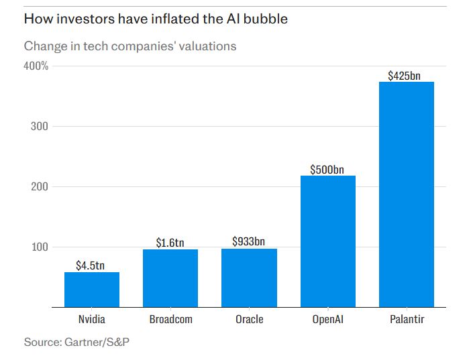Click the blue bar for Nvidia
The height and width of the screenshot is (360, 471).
click(92, 290)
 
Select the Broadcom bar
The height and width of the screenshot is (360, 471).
click(170, 278)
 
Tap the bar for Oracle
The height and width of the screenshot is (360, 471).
click(249, 278)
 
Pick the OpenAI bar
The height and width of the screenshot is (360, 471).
click(328, 241)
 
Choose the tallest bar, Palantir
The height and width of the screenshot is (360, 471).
click(407, 194)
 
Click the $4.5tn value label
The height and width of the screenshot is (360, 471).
click(92, 265)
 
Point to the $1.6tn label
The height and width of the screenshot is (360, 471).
click(170, 243)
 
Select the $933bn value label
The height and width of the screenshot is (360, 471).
click(249, 241)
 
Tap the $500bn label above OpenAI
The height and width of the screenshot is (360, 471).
click(328, 169)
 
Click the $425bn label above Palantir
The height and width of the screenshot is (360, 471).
click(405, 76)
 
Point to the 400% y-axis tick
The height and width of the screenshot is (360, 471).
click(36, 66)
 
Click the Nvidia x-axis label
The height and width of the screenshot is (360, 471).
click(92, 319)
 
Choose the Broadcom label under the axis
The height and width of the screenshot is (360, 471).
click(170, 319)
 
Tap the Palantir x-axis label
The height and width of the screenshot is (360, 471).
click(407, 319)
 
